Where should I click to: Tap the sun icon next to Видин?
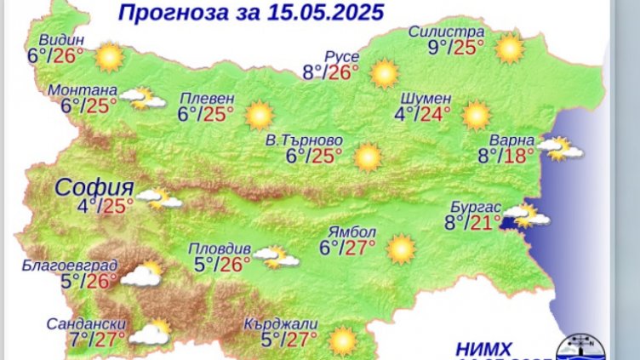click(109, 57)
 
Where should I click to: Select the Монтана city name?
click(82, 90)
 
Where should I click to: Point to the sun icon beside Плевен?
click(259, 114)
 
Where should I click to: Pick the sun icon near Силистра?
click(509, 48)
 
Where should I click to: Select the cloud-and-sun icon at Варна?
click(563, 150)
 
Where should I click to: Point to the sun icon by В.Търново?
click(368, 156)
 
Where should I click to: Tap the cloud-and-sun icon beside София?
click(160, 200)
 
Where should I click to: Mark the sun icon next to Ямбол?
click(400, 249)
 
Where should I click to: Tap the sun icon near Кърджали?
click(343, 340)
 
